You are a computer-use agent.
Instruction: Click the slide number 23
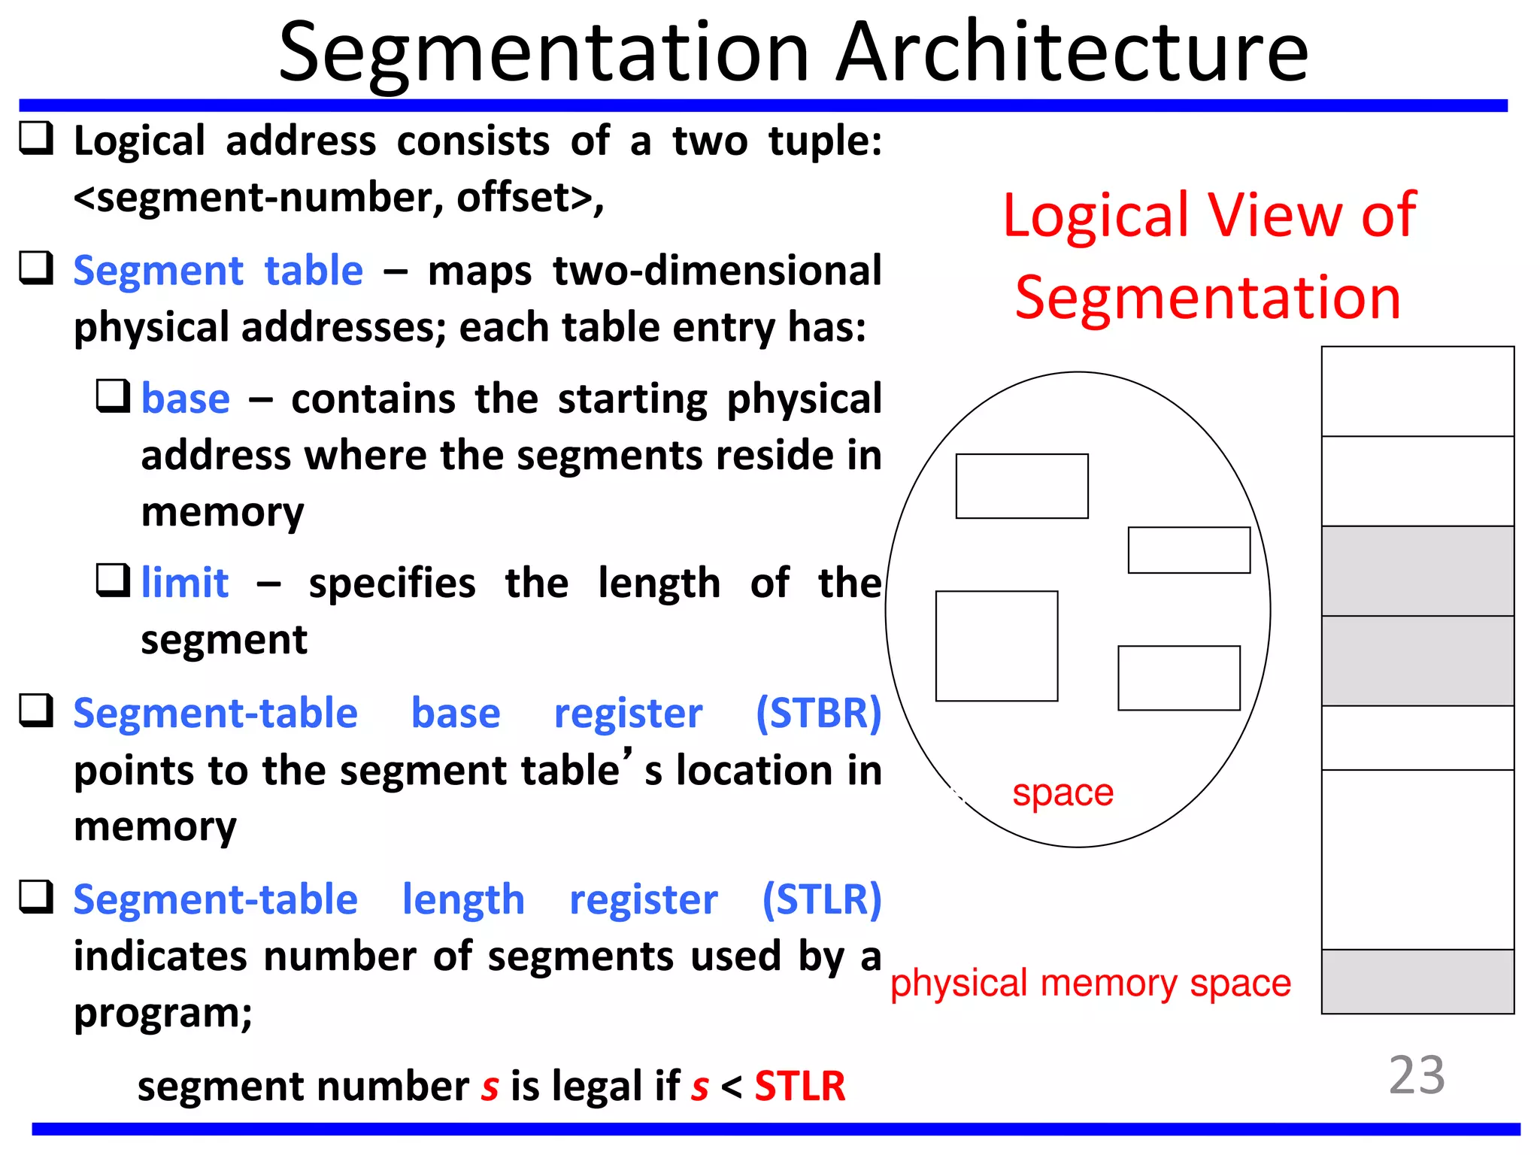coord(1416,1075)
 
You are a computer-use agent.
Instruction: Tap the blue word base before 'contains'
coord(185,399)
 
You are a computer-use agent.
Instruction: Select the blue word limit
coord(185,583)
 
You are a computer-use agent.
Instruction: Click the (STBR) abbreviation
coord(818,713)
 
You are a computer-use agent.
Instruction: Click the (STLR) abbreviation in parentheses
coord(821,899)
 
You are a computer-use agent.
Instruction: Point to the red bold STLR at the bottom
coord(799,1087)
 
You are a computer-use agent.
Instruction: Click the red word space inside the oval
coord(1062,793)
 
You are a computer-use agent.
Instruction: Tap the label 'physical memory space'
coord(1090,984)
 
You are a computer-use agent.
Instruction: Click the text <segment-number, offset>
coord(338,199)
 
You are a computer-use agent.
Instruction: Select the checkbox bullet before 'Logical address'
coord(36,139)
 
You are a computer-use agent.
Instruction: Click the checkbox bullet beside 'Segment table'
coord(36,268)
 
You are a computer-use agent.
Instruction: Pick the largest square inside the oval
coord(996,646)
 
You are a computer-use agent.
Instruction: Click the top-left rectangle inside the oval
coord(1021,486)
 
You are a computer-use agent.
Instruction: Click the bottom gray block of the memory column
coord(1417,981)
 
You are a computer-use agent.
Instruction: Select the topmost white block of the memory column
coord(1417,391)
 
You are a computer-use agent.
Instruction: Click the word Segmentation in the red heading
coord(1207,298)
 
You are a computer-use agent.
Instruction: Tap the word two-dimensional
coord(717,271)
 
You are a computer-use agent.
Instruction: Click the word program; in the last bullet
coord(162,1013)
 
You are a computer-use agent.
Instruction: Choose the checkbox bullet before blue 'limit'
coord(114,581)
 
